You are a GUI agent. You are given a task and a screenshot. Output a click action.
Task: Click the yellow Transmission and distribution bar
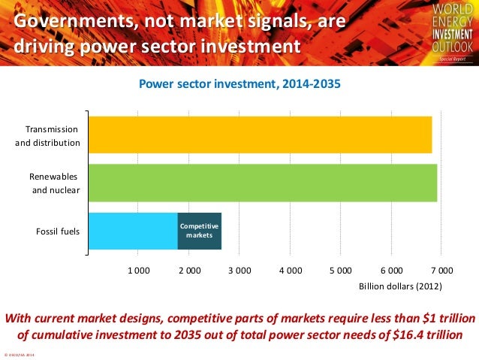coord(260,135)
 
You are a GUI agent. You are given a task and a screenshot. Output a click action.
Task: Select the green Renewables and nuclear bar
coord(262,183)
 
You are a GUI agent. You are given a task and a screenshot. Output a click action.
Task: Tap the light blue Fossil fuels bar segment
coord(133,231)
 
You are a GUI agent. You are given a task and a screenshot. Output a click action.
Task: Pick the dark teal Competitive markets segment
coord(199,231)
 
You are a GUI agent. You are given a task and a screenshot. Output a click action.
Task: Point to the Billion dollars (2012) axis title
coord(400,286)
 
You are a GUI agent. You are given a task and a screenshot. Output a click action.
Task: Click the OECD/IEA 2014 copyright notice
coord(24,355)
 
